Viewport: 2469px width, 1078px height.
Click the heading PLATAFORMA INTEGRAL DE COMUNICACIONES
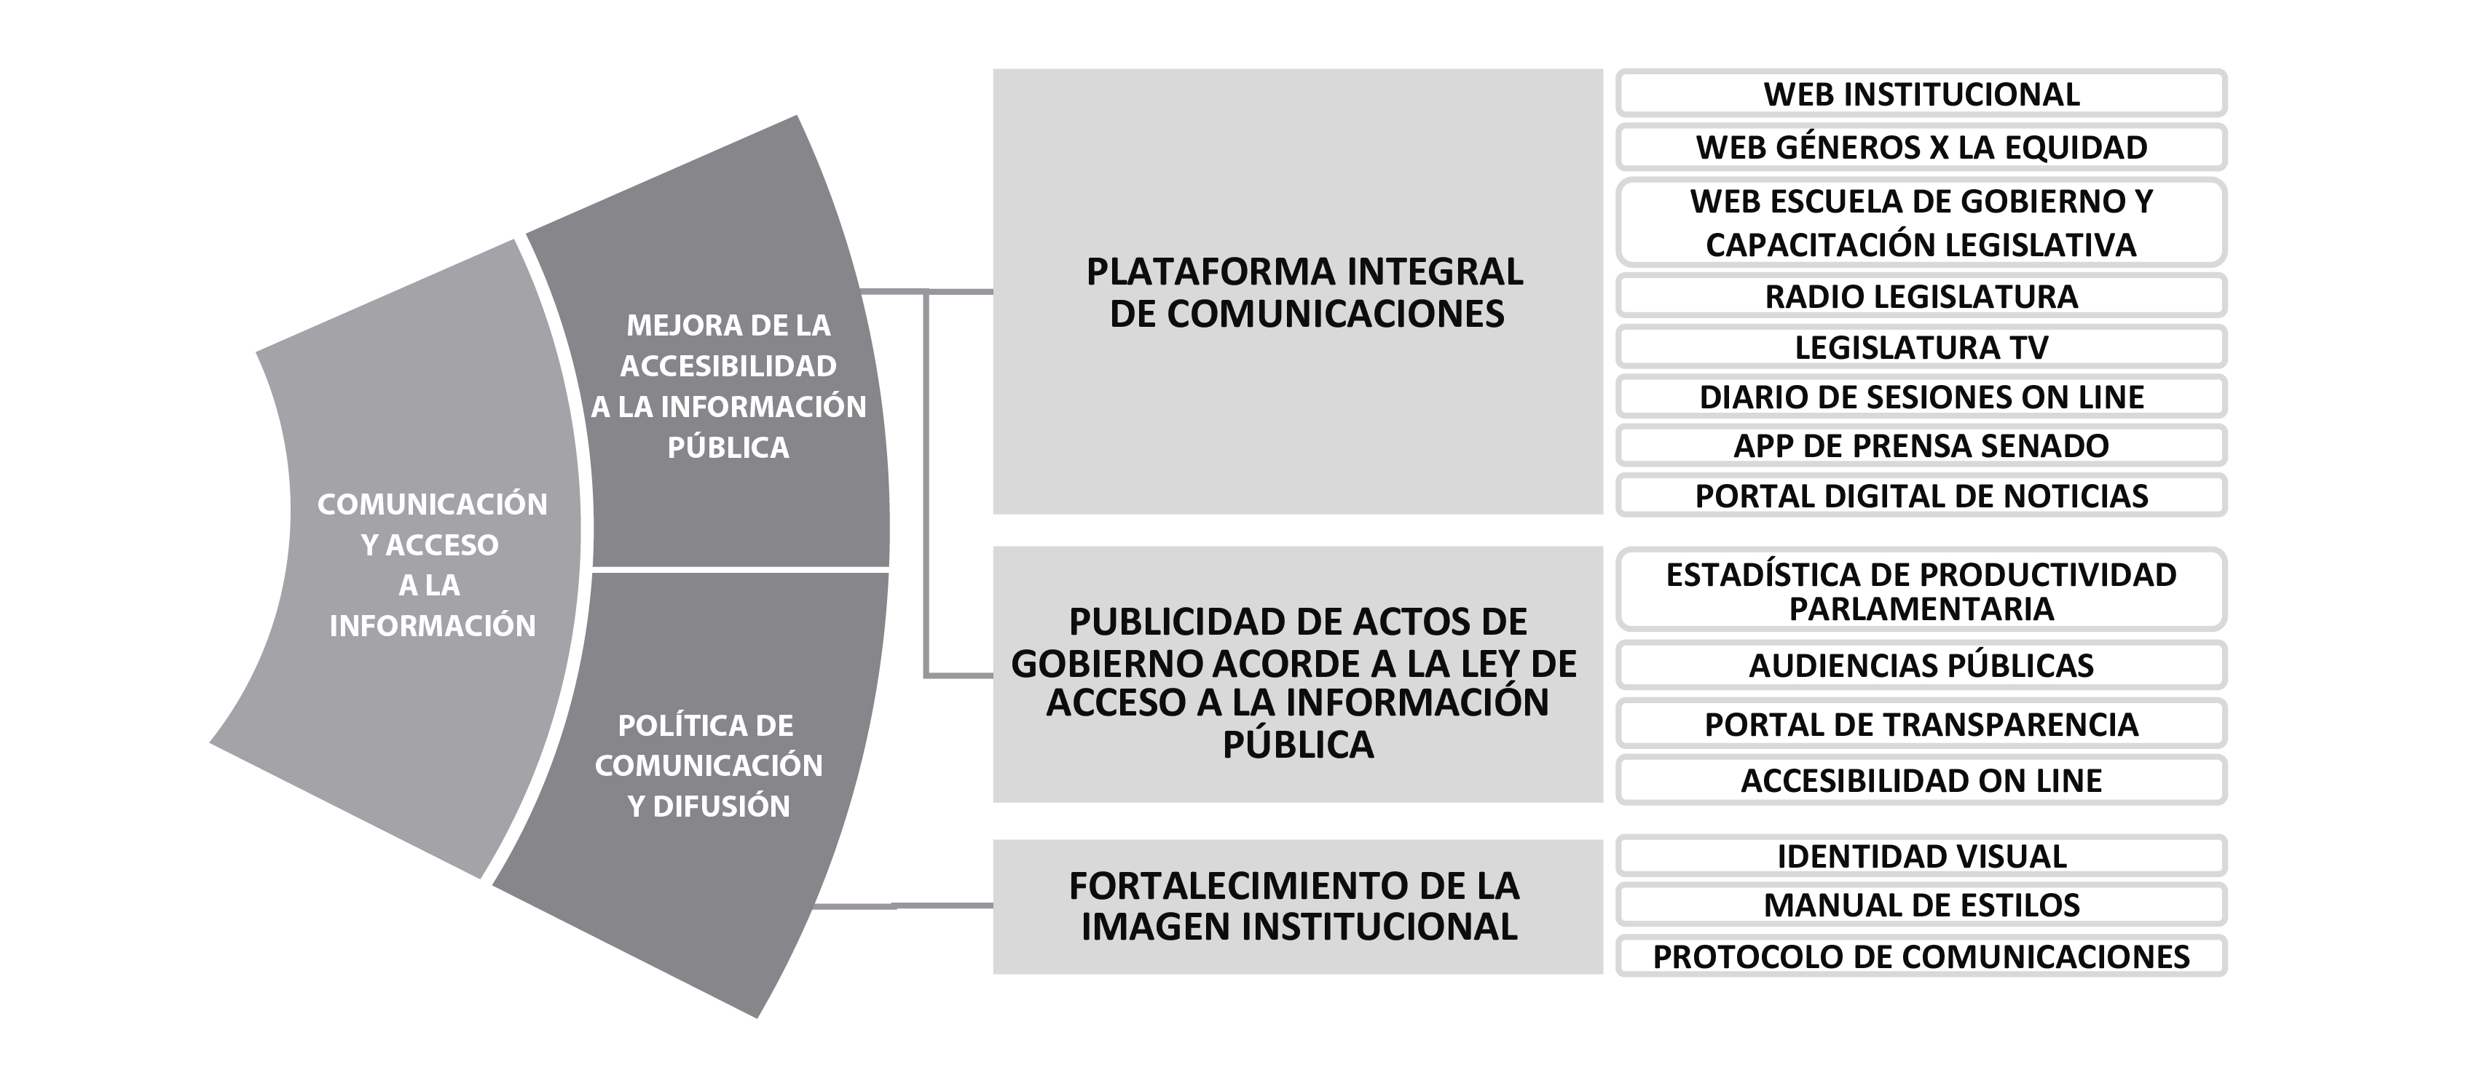pyautogui.click(x=1305, y=293)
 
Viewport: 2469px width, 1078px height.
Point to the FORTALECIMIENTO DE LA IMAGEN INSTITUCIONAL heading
pyautogui.click(x=1296, y=905)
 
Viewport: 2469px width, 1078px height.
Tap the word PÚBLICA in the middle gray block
pyautogui.click(x=1298, y=744)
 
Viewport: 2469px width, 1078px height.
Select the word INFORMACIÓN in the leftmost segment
pyautogui.click(x=433, y=626)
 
